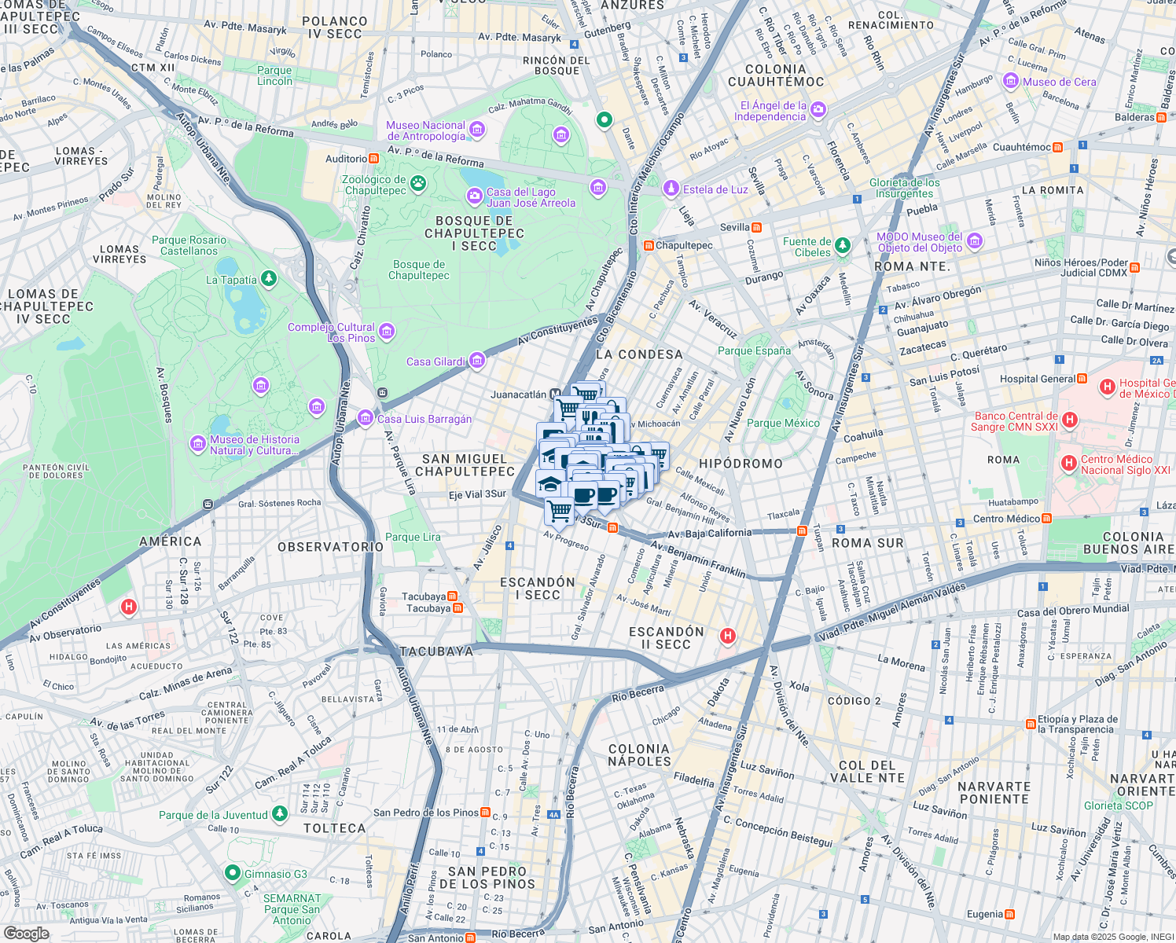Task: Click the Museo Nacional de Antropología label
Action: click(425, 130)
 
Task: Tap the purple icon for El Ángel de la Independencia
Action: click(818, 109)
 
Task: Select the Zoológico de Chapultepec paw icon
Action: click(418, 184)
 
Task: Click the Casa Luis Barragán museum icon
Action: click(366, 418)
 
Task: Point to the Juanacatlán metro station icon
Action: click(555, 394)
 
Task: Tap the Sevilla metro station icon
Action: click(756, 227)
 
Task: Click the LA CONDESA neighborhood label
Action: click(639, 354)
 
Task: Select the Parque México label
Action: click(783, 423)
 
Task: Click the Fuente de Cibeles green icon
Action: click(843, 245)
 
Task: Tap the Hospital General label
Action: click(1037, 379)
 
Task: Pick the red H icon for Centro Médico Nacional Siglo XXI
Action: click(1069, 464)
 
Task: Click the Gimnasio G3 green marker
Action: click(232, 873)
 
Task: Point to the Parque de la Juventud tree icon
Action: click(279, 814)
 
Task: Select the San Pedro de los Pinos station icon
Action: click(486, 813)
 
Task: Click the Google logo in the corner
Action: click(27, 933)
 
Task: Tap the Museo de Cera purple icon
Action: click(1011, 82)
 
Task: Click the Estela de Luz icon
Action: click(671, 189)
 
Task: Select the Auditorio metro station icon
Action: click(373, 159)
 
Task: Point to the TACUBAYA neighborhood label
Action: click(436, 651)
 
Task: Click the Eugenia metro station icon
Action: click(1010, 914)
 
